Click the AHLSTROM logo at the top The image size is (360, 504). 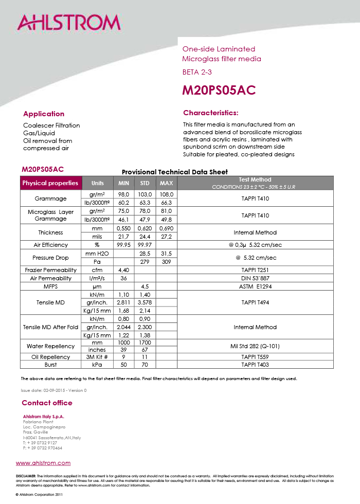click(69, 23)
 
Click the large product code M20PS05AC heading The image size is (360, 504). click(219, 90)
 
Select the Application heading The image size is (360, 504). click(44, 114)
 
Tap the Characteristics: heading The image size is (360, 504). click(211, 113)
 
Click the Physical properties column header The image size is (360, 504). click(50, 183)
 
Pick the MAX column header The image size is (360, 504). click(166, 183)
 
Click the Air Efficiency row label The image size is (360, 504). click(50, 245)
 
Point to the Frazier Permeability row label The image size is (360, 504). click(50, 270)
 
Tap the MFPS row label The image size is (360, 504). click(50, 286)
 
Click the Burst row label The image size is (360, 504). click(50, 365)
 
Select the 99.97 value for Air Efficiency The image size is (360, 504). click(145, 245)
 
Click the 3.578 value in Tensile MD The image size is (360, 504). click(145, 302)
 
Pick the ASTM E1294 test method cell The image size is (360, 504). click(255, 286)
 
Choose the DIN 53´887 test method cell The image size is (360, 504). click(255, 278)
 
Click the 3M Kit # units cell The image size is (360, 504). click(97, 357)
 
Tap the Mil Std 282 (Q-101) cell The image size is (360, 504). click(255, 346)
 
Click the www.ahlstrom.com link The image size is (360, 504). click(43, 463)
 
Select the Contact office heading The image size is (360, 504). click(47, 403)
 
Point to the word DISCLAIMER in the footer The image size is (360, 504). click(26, 476)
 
